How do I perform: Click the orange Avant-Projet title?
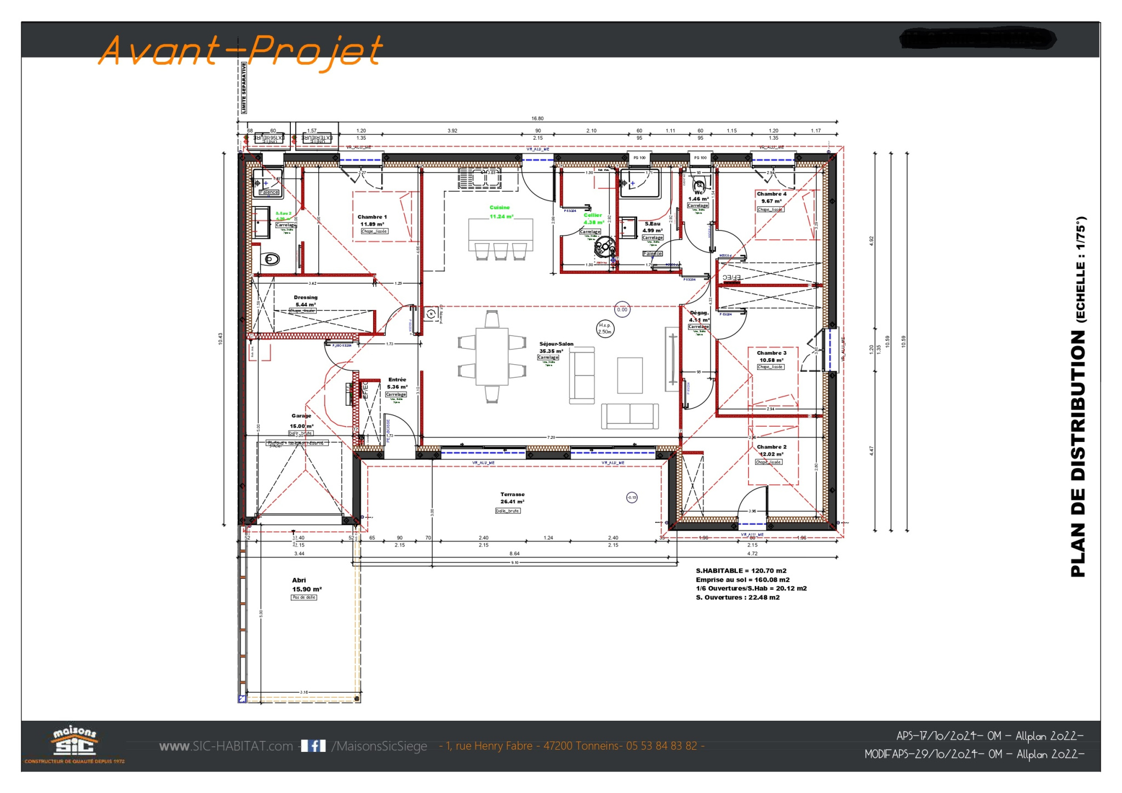tap(241, 50)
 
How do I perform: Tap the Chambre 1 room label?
tap(372, 217)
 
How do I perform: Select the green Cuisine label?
tap(500, 208)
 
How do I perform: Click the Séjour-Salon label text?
tap(556, 344)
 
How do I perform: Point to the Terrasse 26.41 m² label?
tap(512, 498)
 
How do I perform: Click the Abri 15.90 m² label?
tap(306, 585)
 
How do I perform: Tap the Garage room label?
tap(301, 416)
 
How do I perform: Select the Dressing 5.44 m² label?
tap(305, 301)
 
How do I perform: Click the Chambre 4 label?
tap(771, 194)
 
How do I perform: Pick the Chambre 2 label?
tap(771, 447)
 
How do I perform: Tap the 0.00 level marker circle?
tap(622, 310)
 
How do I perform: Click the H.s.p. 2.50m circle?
tap(605, 329)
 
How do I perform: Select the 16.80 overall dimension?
tap(537, 119)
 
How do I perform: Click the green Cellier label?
tap(592, 215)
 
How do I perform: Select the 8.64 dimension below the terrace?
tap(514, 554)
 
